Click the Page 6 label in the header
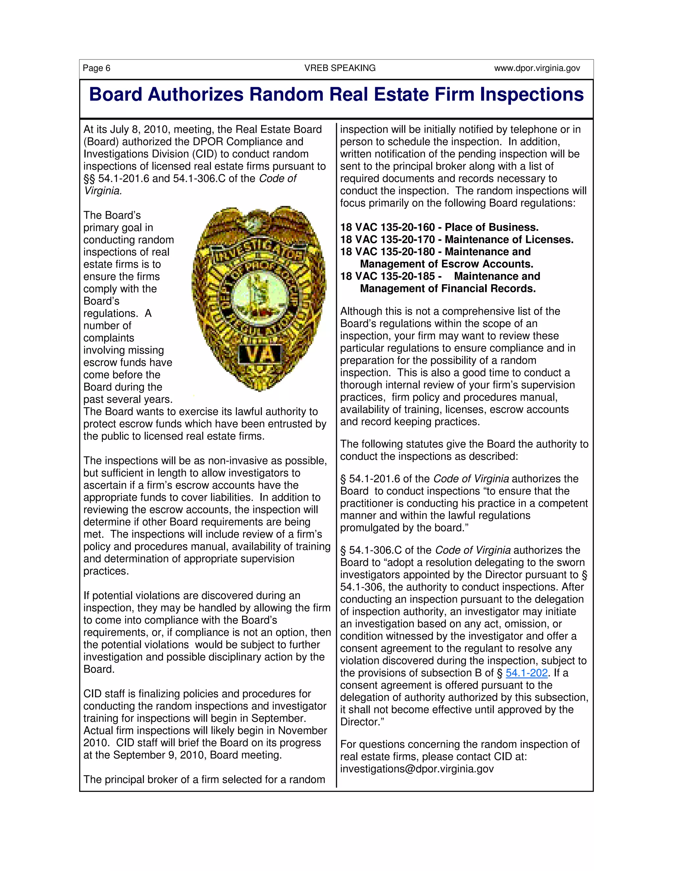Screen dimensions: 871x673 click(97, 68)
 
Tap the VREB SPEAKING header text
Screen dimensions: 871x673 click(340, 68)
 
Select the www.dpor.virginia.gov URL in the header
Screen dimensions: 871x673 click(537, 68)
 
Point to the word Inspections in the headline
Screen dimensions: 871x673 click(531, 95)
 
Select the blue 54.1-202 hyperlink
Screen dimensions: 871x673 click(526, 673)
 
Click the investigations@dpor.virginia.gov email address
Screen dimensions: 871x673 click(417, 769)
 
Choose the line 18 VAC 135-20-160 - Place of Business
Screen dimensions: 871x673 click(439, 227)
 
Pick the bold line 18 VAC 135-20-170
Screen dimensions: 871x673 click(456, 240)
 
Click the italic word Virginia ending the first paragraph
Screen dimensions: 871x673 click(102, 191)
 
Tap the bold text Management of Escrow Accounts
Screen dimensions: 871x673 click(446, 264)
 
